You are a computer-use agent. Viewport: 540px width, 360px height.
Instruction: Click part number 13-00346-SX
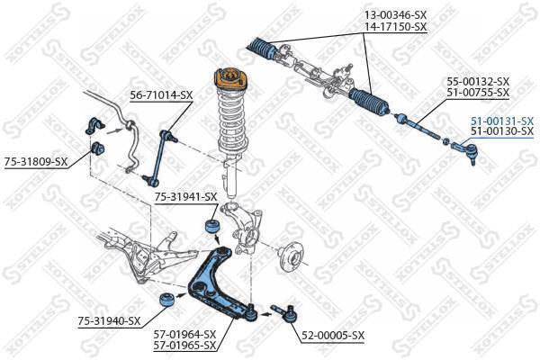click(395, 16)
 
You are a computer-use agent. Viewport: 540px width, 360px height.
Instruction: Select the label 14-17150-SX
click(395, 28)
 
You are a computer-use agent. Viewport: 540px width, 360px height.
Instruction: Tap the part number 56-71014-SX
click(161, 94)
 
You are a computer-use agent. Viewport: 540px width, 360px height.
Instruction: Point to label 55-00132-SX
click(478, 81)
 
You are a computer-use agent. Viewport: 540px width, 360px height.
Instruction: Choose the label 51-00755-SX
click(478, 93)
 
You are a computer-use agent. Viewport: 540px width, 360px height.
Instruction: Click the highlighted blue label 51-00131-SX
click(501, 121)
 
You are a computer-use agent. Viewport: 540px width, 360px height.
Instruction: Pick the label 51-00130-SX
click(501, 131)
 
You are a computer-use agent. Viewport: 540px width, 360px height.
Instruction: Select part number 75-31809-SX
click(36, 162)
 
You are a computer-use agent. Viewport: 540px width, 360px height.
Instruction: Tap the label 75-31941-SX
click(185, 196)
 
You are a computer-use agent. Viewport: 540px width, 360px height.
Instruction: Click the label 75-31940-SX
click(109, 320)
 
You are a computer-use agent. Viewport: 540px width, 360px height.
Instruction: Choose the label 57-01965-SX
click(184, 345)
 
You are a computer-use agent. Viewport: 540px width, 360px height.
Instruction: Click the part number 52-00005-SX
click(332, 336)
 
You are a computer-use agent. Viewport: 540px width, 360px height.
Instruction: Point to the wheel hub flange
click(289, 256)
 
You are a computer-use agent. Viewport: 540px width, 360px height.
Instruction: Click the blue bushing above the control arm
click(214, 224)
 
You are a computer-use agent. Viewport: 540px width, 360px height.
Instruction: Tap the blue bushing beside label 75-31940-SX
click(165, 300)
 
